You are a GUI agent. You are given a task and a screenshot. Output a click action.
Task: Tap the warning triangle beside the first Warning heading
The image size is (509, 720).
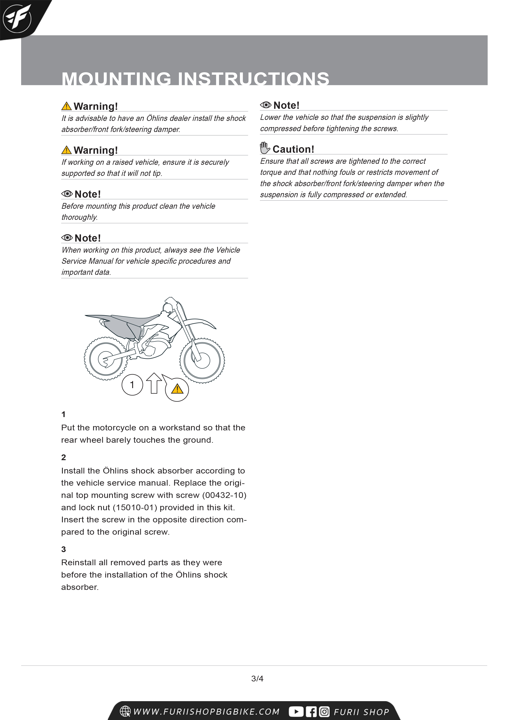coord(66,106)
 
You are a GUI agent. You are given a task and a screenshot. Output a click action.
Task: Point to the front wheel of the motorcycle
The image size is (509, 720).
coord(202,360)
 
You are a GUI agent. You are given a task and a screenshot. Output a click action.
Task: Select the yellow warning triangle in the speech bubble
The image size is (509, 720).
coord(177,389)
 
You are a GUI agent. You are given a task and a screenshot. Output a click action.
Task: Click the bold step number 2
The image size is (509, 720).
coord(64,457)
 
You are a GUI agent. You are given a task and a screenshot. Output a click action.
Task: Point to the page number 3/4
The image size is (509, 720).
coord(257,679)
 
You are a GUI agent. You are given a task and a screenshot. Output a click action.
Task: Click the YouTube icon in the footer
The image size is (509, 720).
coord(296,712)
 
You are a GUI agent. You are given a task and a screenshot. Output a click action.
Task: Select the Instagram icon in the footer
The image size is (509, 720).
coord(324,712)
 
